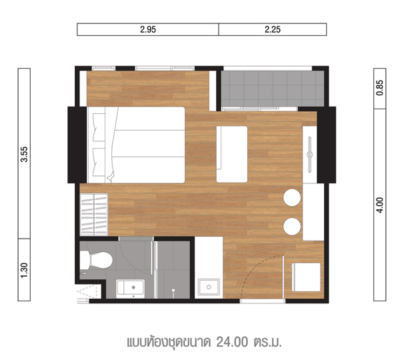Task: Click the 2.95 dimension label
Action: click(x=148, y=29)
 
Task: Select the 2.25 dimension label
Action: click(x=273, y=29)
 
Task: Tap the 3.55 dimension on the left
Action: click(x=24, y=154)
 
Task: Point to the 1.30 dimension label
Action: click(x=24, y=271)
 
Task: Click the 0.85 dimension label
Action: click(x=380, y=88)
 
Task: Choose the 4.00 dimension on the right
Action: click(x=380, y=205)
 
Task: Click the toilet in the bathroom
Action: click(x=96, y=260)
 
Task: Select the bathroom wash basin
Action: click(x=131, y=289)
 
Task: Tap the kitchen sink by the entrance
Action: click(x=209, y=287)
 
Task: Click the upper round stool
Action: click(x=292, y=197)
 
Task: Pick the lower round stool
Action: click(x=292, y=227)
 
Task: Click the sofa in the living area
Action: click(x=232, y=155)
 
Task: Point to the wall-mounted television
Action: click(x=310, y=155)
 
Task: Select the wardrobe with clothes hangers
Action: click(x=94, y=215)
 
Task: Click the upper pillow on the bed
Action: click(x=99, y=127)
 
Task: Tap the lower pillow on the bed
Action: click(x=99, y=162)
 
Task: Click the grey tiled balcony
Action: click(x=273, y=89)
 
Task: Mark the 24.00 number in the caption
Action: click(x=232, y=342)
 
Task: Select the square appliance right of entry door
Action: click(x=306, y=277)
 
